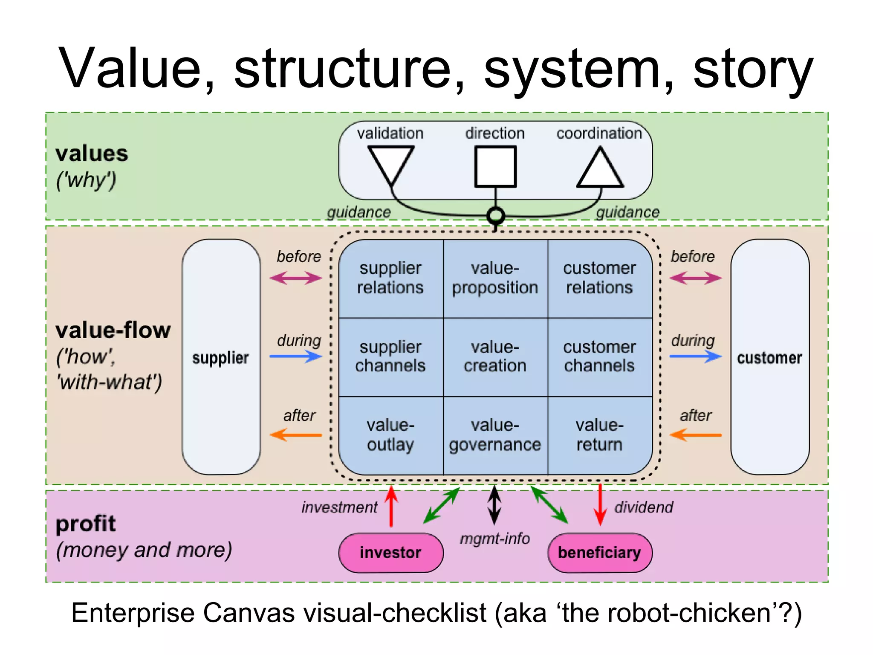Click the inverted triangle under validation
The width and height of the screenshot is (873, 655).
coord(390,163)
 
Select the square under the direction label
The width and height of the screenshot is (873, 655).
coord(495,167)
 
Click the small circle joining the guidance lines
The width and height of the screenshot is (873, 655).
coord(495,216)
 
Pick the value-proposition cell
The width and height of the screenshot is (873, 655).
coord(495,278)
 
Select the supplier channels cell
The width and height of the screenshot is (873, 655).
coord(390,356)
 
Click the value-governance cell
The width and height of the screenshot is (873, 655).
coord(495,435)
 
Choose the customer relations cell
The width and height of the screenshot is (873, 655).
coord(599,278)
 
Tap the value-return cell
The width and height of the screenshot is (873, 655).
coord(599,435)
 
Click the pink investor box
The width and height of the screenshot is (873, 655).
coord(390,553)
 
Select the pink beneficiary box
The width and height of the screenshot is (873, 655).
coord(599,553)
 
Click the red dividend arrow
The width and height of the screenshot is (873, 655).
coord(600,505)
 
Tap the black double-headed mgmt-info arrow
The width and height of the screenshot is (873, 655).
coord(494,505)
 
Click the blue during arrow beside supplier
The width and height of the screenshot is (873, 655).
coord(296,356)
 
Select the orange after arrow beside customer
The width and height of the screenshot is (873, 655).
coord(695,435)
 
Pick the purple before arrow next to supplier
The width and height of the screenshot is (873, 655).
coord(296,278)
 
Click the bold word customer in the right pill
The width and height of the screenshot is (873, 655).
coord(769,357)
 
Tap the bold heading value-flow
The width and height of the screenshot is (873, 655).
coord(113,330)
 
